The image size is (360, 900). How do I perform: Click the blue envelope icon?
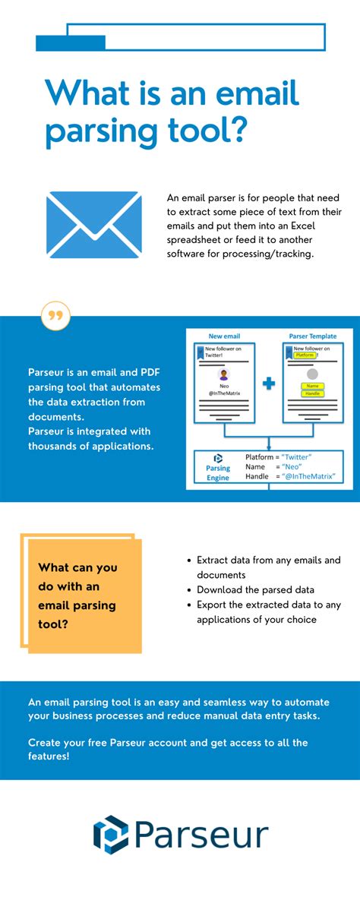[x=93, y=226]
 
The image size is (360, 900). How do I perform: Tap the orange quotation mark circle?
[x=55, y=316]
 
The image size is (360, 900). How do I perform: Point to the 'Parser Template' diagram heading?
[x=312, y=336]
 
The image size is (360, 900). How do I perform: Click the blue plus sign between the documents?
[x=268, y=384]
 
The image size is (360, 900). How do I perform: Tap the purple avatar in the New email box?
[x=223, y=374]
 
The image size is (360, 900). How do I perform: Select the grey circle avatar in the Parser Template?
[x=312, y=374]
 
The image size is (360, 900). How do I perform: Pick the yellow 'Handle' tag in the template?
[x=312, y=393]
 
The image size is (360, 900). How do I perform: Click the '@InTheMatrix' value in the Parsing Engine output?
[x=308, y=476]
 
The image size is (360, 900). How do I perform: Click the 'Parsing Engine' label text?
[x=217, y=472]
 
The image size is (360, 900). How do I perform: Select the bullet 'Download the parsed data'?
[x=255, y=589]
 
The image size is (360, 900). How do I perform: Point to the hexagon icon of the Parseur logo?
[x=111, y=835]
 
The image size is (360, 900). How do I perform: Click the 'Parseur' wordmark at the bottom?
[x=201, y=835]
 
